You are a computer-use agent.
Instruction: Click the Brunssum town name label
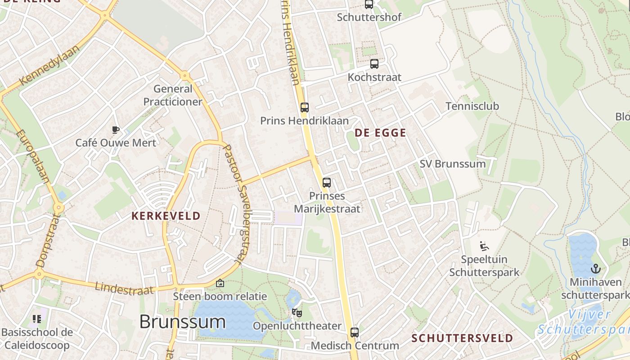pos(182,322)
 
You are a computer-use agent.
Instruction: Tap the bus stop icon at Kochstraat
pos(374,64)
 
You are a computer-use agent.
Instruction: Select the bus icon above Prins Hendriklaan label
pos(305,108)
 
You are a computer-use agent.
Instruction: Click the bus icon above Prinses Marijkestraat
pos(327,183)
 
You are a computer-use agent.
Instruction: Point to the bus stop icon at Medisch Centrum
pos(355,333)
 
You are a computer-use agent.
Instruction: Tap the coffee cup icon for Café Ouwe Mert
pos(116,130)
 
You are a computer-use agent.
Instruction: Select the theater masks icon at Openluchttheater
pos(297,312)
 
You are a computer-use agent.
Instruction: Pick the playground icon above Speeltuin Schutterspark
pos(484,246)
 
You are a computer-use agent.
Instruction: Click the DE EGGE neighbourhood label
pos(380,133)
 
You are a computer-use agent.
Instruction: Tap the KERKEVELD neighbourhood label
pos(166,216)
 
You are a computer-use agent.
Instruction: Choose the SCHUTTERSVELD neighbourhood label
pos(462,338)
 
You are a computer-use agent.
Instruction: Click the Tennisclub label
pos(472,107)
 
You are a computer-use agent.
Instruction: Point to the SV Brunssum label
pos(452,164)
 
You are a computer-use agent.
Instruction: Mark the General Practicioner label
pos(173,95)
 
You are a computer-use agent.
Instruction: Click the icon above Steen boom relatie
pos(220,283)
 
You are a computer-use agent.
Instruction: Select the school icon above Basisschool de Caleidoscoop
pos(37,319)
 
